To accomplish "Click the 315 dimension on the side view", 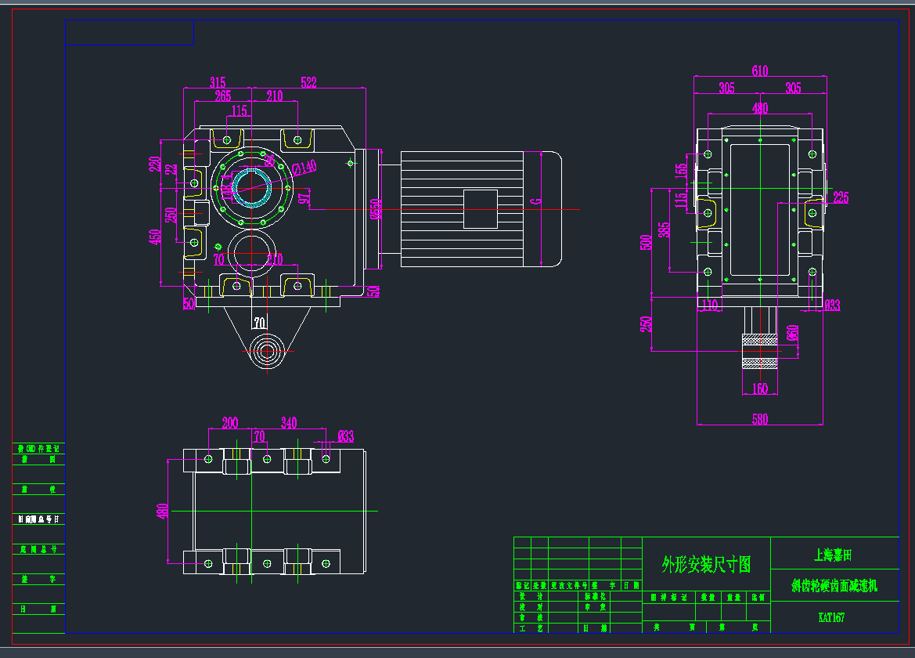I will (218, 82).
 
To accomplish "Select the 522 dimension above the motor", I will (309, 82).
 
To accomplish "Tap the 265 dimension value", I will (223, 96).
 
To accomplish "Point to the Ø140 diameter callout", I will (304, 167).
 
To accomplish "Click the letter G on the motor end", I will (536, 201).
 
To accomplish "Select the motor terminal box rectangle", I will (481, 209).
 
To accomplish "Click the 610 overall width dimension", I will (759, 71).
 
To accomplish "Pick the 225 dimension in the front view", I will (840, 197).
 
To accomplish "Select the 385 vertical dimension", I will (665, 230).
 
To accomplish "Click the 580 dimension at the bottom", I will (759, 420).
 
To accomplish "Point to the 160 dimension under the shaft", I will (759, 389).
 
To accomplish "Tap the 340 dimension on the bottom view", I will (289, 423).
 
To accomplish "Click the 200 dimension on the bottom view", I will (229, 423).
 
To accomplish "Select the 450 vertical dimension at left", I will (156, 237).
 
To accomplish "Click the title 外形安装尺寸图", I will (706, 564).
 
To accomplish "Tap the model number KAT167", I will (831, 617).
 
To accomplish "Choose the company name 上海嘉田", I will (833, 555).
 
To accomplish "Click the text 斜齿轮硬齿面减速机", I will (834, 585).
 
